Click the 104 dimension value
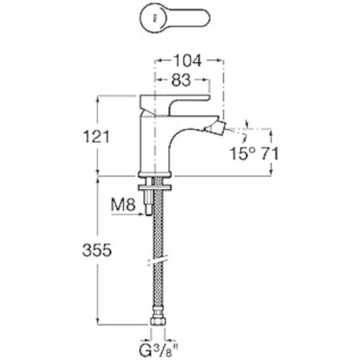[x=188, y=61]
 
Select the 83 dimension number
[x=181, y=80]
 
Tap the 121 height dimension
[x=97, y=137]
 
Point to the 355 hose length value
[x=97, y=250]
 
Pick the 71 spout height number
[x=270, y=154]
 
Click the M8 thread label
[x=123, y=205]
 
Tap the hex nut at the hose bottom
[x=158, y=321]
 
